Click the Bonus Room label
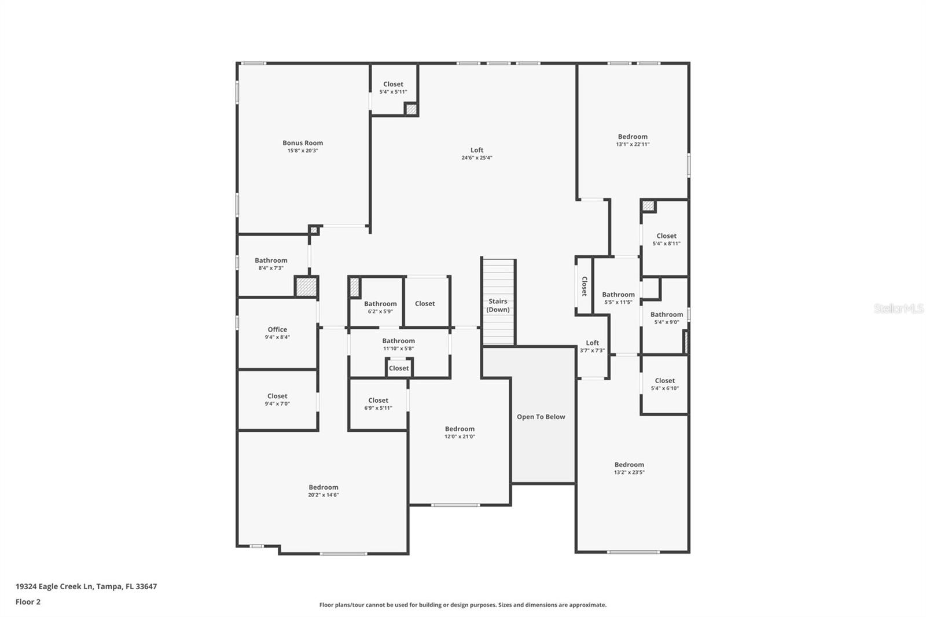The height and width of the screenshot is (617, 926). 303,143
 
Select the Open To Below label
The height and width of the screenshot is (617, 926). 541,417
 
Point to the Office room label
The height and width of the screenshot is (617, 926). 277,330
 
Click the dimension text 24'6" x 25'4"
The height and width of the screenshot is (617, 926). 477,158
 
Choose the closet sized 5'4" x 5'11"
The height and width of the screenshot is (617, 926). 393,88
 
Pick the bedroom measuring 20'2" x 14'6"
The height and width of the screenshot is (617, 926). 323,491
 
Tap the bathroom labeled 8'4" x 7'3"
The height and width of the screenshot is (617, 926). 271,264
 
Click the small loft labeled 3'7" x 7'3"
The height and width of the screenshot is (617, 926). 592,346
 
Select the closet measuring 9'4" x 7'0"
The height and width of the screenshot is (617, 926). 277,399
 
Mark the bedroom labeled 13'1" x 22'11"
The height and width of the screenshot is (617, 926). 632,141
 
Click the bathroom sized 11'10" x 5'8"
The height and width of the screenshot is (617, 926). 398,344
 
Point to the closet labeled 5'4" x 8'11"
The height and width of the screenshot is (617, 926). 666,239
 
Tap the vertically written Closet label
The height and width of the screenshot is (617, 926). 584,286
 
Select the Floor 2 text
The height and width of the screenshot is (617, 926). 28,602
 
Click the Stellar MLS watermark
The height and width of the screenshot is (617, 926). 898,308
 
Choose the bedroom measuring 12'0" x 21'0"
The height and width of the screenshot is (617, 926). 460,432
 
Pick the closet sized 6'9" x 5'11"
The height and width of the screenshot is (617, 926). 378,403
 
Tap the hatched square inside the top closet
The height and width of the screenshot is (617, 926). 411,109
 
